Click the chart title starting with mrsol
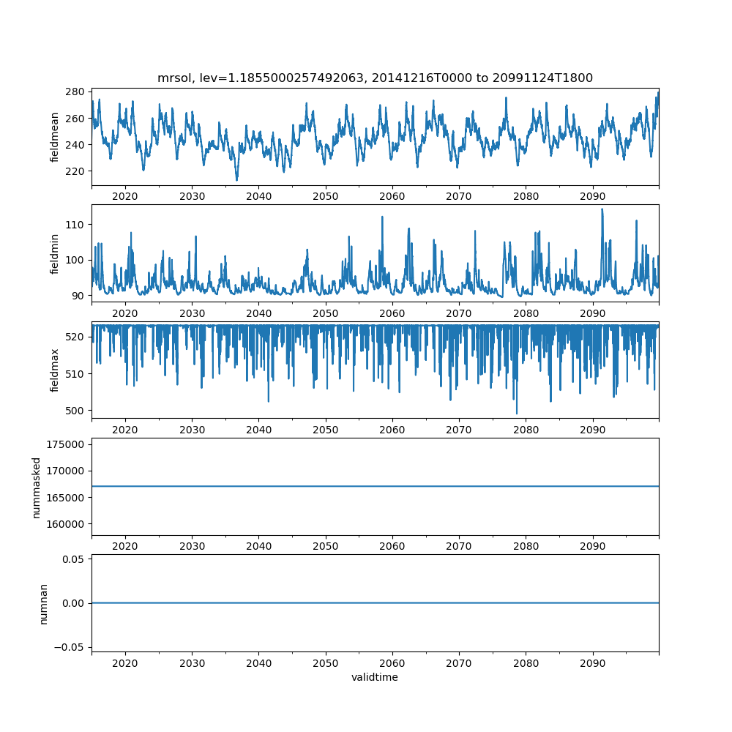tap(375, 78)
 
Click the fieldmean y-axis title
tap(55, 137)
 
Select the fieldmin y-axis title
tap(55, 253)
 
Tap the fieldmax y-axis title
tap(55, 370)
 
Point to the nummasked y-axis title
tap(36, 487)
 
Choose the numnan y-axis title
tap(43, 603)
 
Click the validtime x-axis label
tap(375, 677)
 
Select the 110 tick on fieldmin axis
tap(77, 224)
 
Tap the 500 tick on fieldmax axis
tap(77, 410)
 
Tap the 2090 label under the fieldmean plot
tap(592, 197)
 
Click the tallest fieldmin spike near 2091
tap(602, 209)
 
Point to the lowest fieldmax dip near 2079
tap(517, 414)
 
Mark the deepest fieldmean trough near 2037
tap(236, 180)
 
